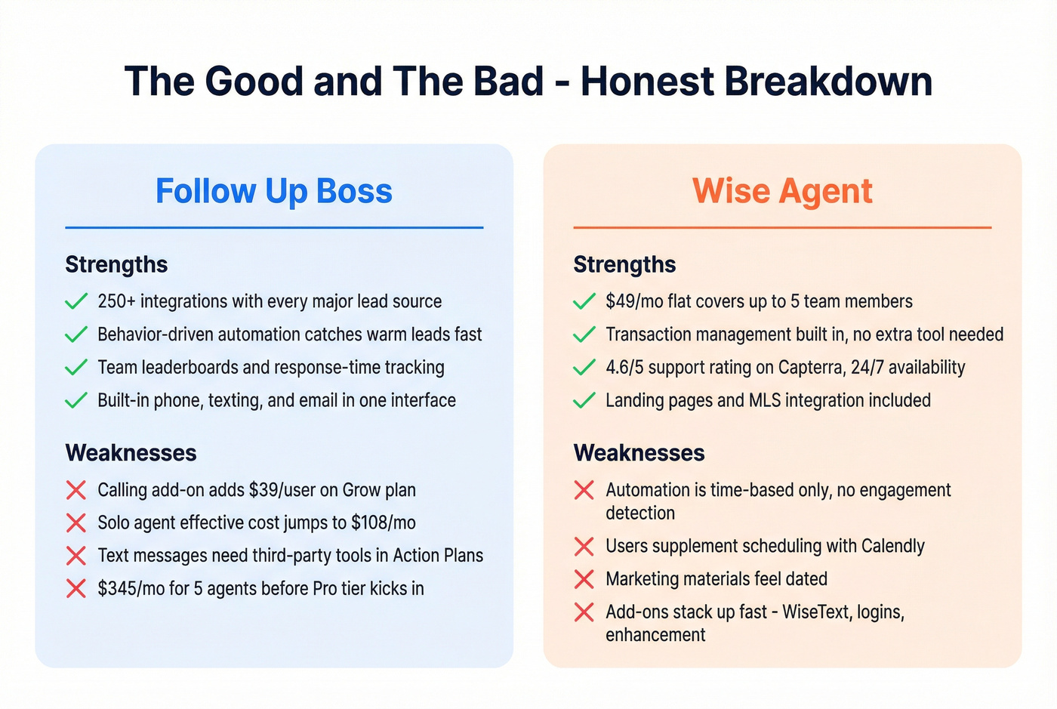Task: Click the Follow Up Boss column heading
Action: [273, 191]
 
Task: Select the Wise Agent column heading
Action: [782, 191]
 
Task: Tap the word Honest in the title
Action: [646, 82]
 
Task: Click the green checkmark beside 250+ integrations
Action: [76, 301]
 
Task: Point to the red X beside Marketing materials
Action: [584, 579]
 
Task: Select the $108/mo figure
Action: [383, 523]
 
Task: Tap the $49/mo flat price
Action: [634, 301]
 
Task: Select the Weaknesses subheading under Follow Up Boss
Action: [131, 453]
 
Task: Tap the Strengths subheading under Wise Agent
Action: [624, 264]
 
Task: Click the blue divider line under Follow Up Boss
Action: [273, 227]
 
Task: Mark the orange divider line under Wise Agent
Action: [782, 227]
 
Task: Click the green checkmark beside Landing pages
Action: [584, 400]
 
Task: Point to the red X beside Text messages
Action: [76, 556]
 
